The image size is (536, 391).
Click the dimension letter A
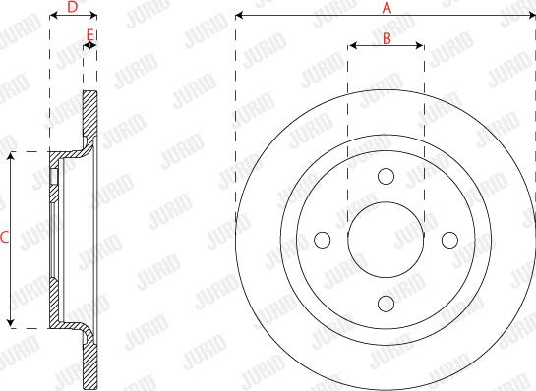tap(387, 8)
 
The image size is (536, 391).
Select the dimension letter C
tap(5, 238)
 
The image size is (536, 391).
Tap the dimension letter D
tap(72, 8)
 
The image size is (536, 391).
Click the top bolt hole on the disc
tap(387, 176)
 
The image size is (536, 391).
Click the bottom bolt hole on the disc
tap(387, 303)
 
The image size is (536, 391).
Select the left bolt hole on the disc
tap(323, 239)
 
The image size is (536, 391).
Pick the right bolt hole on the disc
tap(450, 239)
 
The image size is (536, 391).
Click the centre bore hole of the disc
tap(387, 239)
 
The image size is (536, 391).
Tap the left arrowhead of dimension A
tap(240, 17)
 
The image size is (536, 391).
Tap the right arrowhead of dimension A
tap(532, 17)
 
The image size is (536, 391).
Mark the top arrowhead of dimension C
tap(12, 155)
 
